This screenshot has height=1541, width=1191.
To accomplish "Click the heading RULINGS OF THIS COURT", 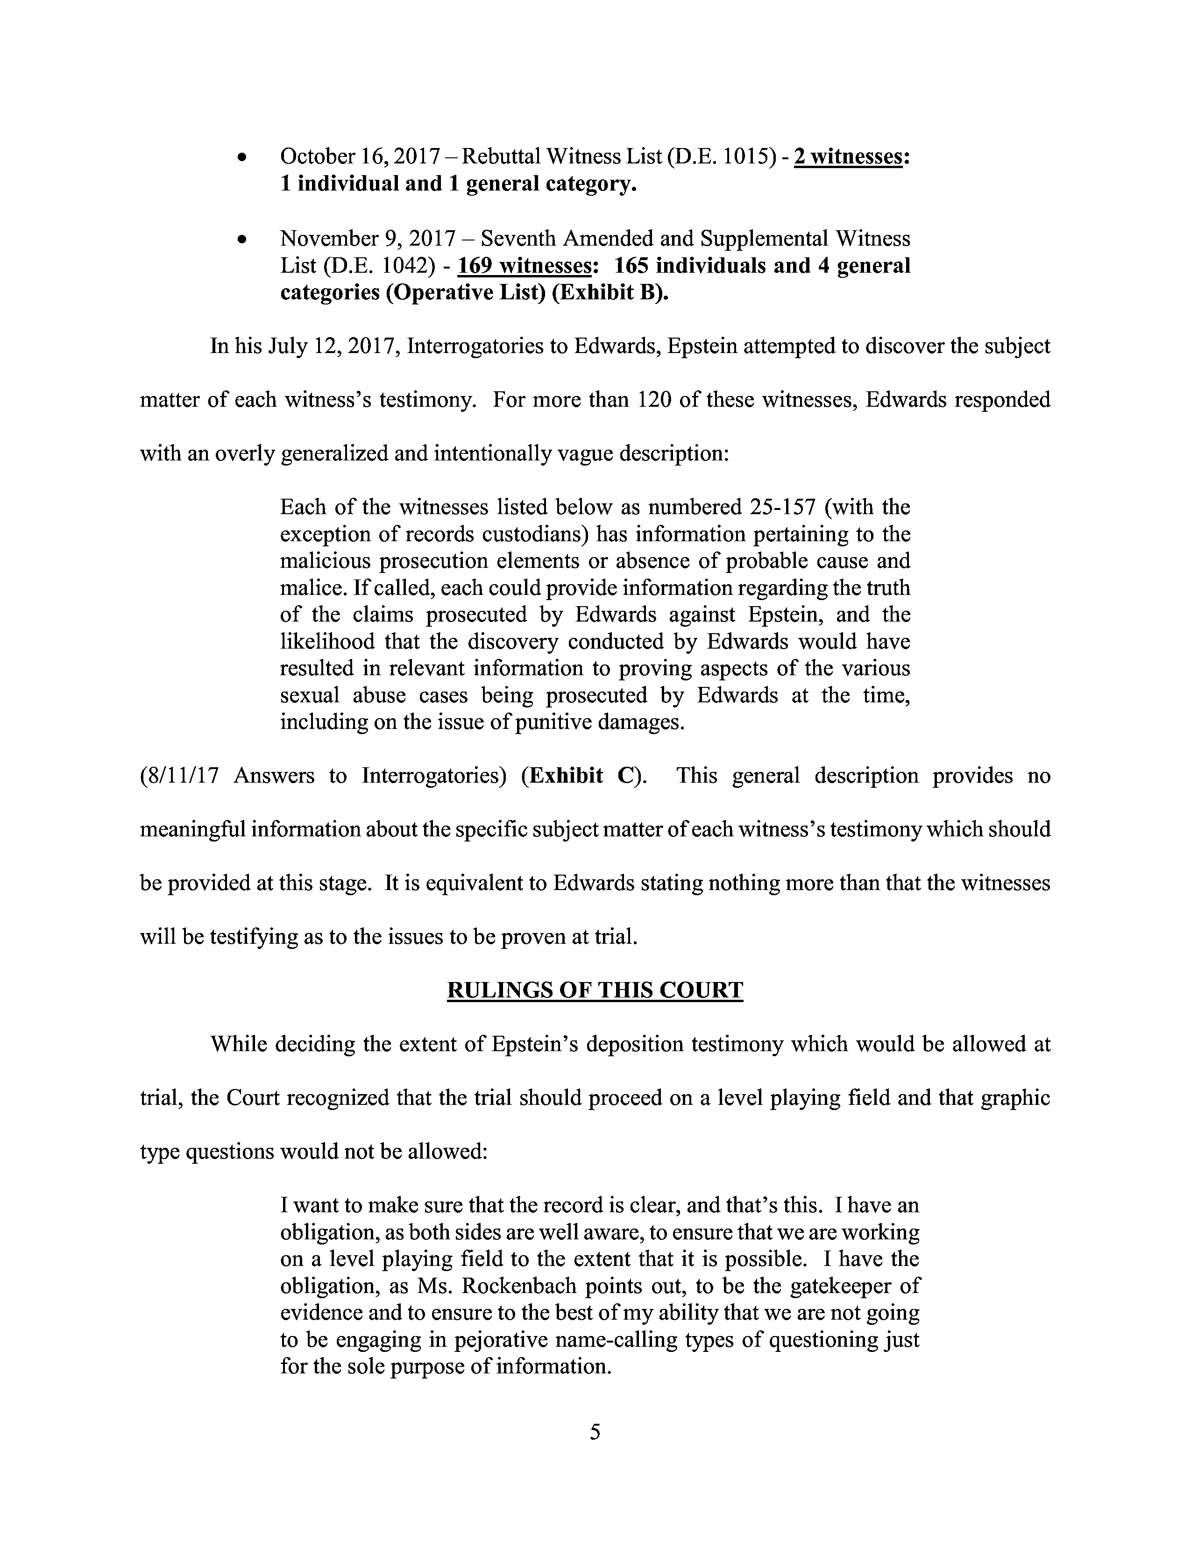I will [x=595, y=990].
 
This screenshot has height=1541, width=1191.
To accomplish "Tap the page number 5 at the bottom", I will [x=595, y=1432].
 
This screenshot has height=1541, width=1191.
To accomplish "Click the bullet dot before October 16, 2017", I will [x=242, y=158].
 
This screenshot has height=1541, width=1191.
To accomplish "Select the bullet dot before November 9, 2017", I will [x=242, y=240].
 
